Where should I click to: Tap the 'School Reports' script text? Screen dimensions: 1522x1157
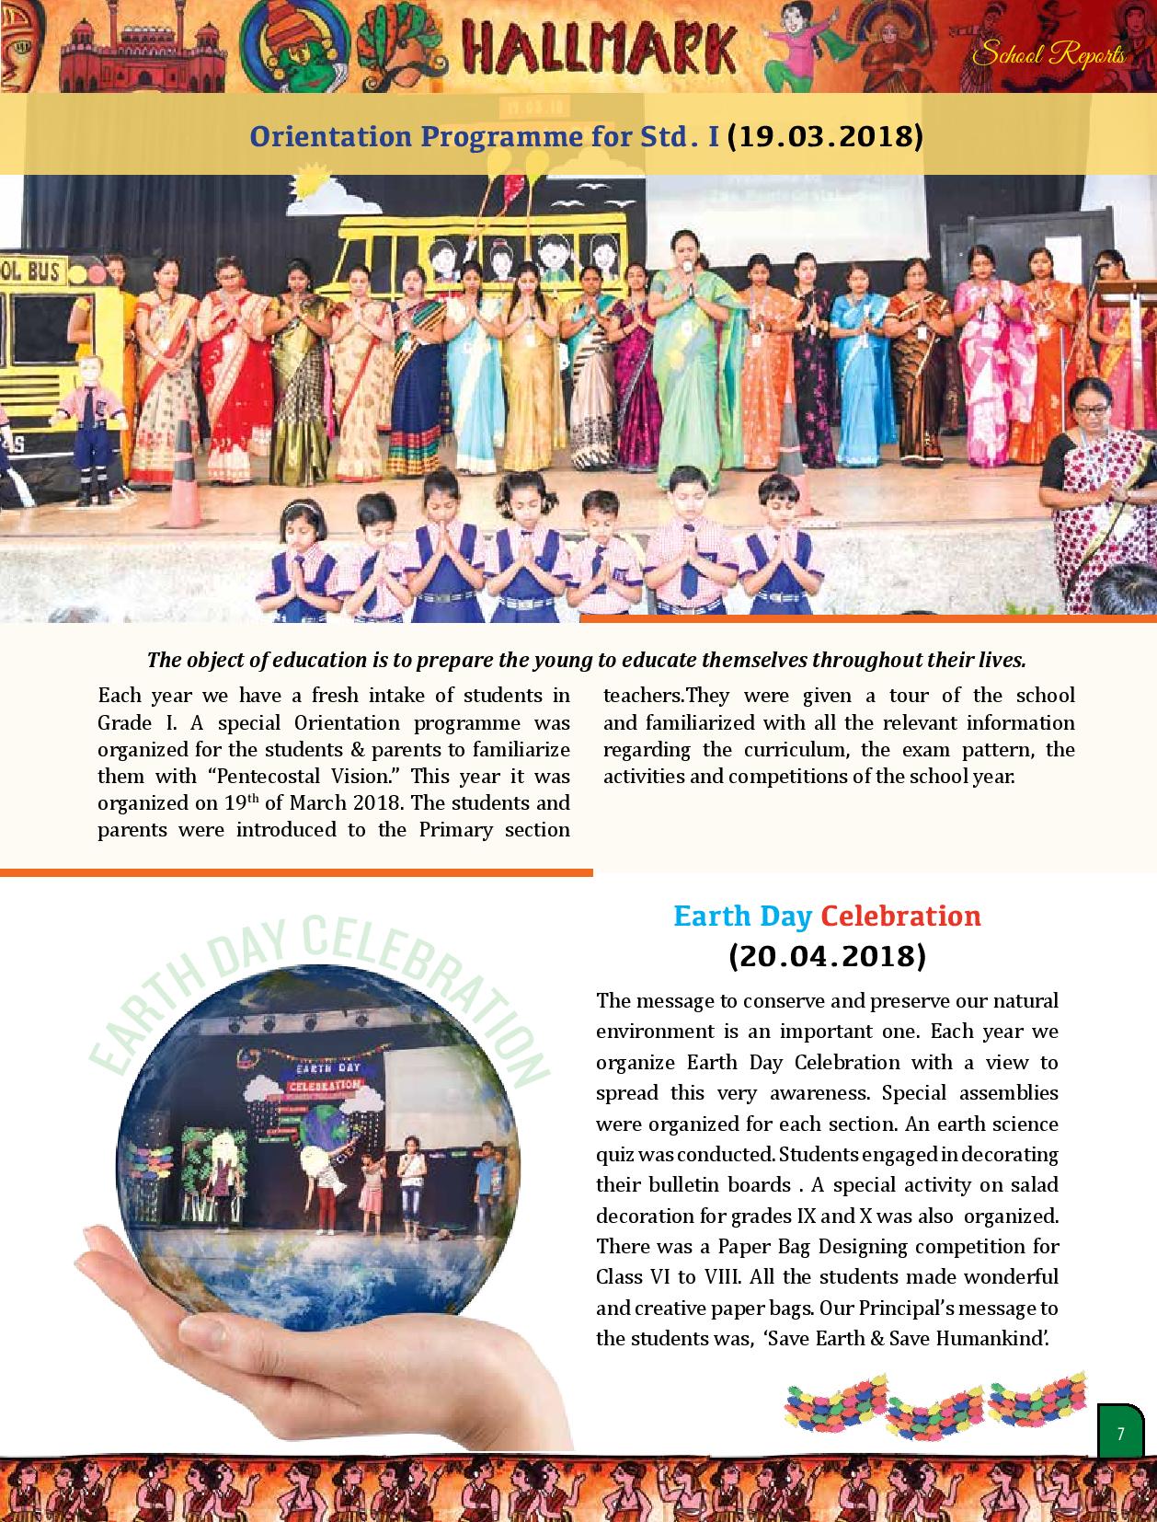(x=1048, y=55)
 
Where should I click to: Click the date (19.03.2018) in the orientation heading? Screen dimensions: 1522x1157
(x=824, y=137)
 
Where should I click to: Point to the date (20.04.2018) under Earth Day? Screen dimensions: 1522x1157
(x=827, y=956)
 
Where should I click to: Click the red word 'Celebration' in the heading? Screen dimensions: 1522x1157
(x=900, y=916)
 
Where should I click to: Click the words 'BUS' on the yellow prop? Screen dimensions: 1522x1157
(x=43, y=271)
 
